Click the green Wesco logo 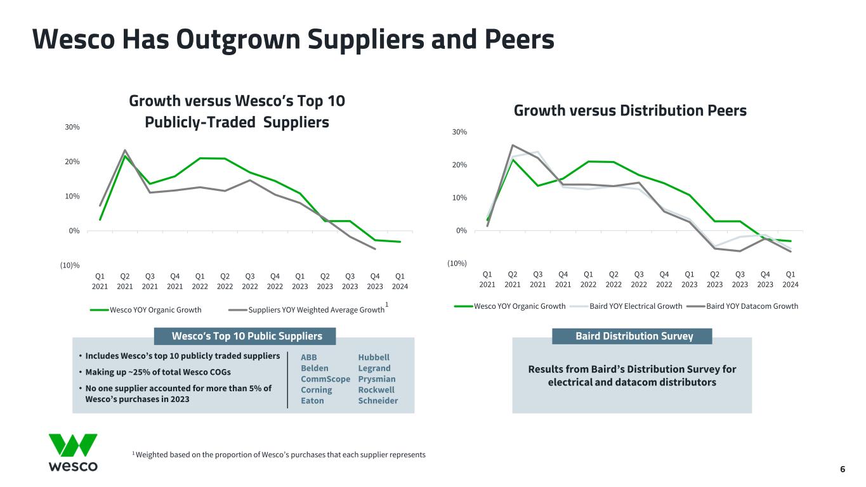click(x=73, y=452)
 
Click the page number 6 click(x=843, y=469)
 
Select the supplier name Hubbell click(x=374, y=357)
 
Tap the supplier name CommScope click(x=325, y=379)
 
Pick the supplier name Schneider click(x=378, y=400)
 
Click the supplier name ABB click(x=308, y=357)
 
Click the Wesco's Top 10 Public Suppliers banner click(x=247, y=336)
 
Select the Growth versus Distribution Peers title click(x=630, y=110)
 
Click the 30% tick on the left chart click(x=72, y=127)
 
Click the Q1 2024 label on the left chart click(x=400, y=281)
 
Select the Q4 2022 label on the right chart click(x=664, y=279)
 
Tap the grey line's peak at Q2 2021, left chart click(x=125, y=150)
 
